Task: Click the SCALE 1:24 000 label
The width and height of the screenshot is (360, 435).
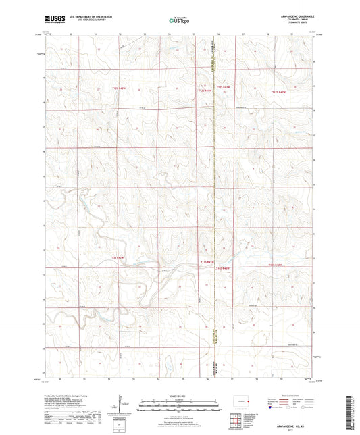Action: (x=179, y=395)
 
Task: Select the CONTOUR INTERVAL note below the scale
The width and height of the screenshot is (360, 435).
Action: (x=179, y=414)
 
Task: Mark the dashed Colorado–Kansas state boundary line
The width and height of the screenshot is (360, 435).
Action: (x=214, y=203)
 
